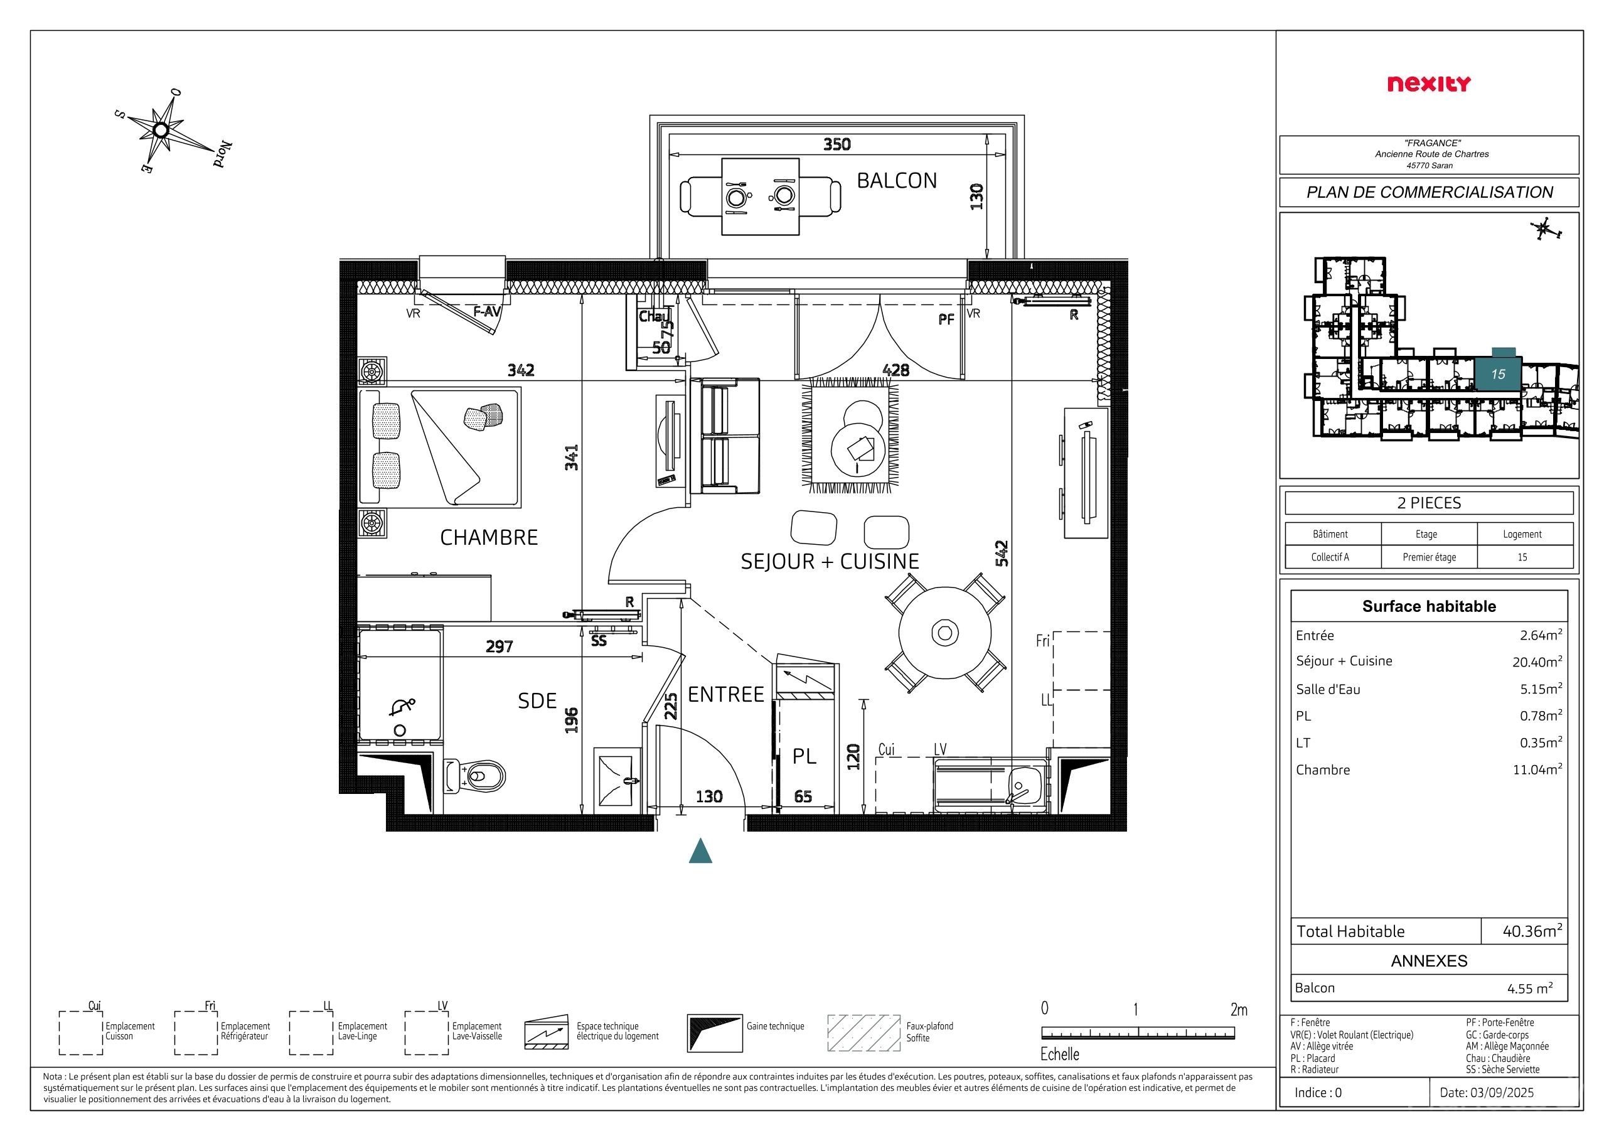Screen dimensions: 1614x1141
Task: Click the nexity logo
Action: pyautogui.click(x=1429, y=84)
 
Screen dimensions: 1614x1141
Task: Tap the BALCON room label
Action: pyautogui.click(x=896, y=181)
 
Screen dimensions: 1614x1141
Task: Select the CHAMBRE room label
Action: pyautogui.click(x=489, y=538)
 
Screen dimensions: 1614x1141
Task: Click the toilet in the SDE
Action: pyautogui.click(x=474, y=776)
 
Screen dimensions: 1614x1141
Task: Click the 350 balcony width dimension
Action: pyautogui.click(x=836, y=144)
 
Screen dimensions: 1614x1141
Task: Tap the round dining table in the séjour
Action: pyautogui.click(x=945, y=633)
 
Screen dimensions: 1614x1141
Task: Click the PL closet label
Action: pyautogui.click(x=804, y=756)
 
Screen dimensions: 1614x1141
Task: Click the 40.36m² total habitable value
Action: pyautogui.click(x=1532, y=931)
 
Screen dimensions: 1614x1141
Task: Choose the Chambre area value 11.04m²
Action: pyautogui.click(x=1537, y=769)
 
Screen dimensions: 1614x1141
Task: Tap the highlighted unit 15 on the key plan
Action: pyautogui.click(x=1497, y=374)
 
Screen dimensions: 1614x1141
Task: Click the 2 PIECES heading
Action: pyautogui.click(x=1429, y=503)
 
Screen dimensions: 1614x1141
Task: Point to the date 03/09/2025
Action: pyautogui.click(x=1487, y=1093)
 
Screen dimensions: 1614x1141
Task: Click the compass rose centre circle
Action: pyautogui.click(x=160, y=130)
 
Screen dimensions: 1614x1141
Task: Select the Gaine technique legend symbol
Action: pyautogui.click(x=715, y=1032)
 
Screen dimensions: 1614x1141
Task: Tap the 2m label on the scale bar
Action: pyautogui.click(x=1239, y=1010)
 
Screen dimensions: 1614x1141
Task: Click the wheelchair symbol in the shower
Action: pyautogui.click(x=403, y=707)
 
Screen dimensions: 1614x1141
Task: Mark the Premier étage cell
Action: pyautogui.click(x=1429, y=557)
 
